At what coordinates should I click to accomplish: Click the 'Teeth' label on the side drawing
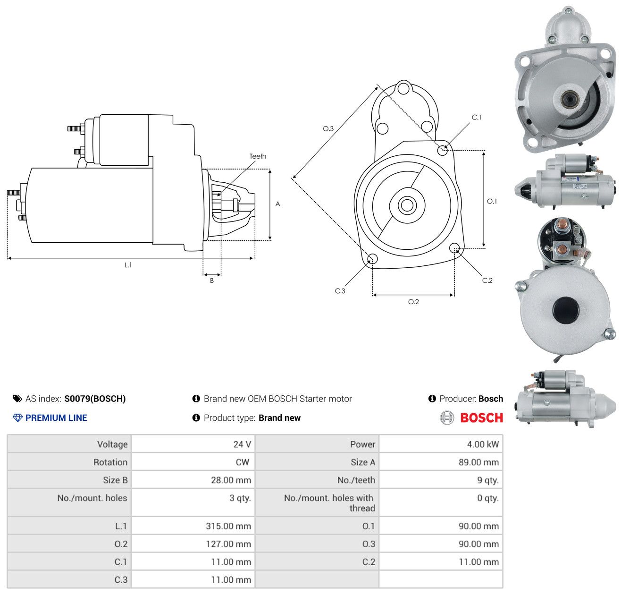click(257, 156)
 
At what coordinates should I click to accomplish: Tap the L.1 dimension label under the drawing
click(128, 265)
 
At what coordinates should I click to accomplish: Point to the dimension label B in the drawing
click(211, 280)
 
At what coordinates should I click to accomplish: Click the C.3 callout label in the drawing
click(340, 290)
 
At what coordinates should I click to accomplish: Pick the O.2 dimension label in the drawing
click(413, 301)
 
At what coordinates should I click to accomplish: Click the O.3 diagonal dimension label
click(328, 128)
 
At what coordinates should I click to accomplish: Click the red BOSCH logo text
click(481, 418)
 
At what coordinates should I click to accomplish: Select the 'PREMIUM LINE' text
click(56, 418)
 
